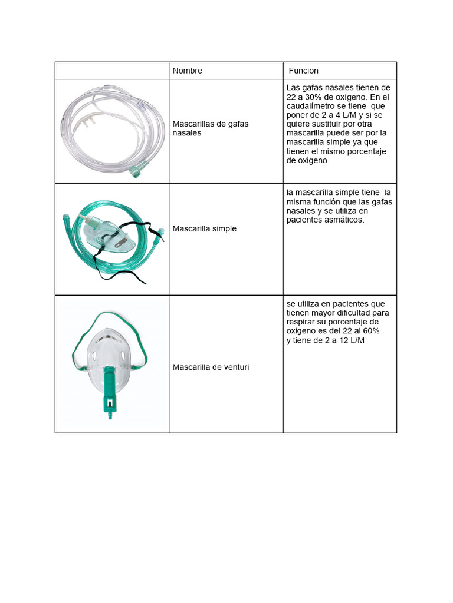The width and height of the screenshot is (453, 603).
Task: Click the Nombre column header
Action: coord(187,71)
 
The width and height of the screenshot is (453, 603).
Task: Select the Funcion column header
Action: coord(303,71)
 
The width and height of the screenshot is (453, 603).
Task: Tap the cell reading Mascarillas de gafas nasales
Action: coord(210,128)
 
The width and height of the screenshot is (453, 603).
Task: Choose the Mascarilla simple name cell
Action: coord(204,228)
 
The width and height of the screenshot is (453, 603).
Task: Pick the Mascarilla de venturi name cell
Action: coord(211,367)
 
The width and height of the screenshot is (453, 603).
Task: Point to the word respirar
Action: coord(303,322)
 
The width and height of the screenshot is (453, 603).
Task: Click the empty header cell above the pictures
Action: coord(112,71)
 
